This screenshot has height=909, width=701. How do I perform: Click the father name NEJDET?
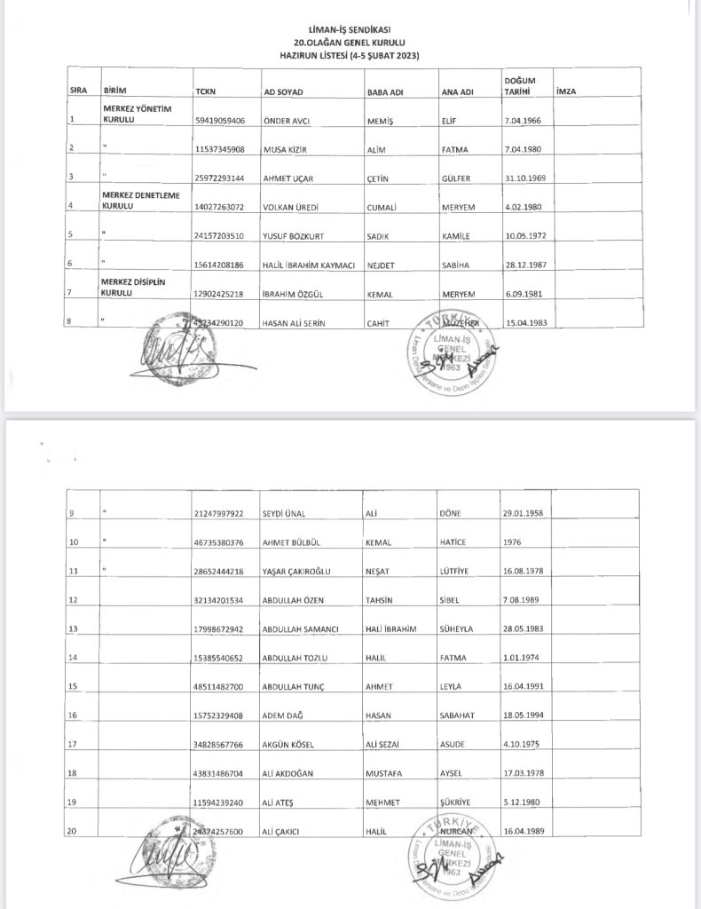(380, 265)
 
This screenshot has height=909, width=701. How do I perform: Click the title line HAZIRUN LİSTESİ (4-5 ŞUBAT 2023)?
(350, 56)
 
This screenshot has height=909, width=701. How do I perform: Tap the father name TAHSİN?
(382, 600)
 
